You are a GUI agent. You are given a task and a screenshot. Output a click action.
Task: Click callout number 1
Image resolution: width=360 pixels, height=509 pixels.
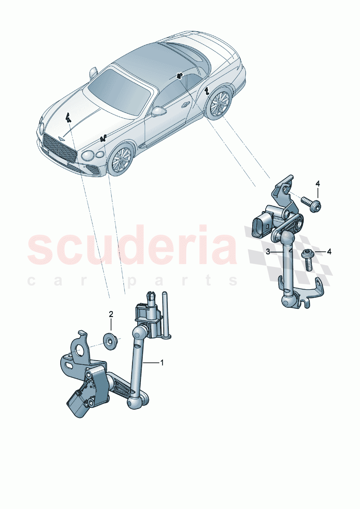[162, 362]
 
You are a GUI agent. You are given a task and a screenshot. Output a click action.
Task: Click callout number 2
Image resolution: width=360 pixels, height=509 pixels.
[111, 314]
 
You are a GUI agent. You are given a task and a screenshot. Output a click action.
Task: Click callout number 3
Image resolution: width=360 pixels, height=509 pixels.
[268, 252]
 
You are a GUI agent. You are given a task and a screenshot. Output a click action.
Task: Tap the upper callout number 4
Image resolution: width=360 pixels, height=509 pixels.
[318, 184]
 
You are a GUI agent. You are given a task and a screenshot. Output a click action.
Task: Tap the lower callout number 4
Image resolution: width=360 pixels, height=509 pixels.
[329, 251]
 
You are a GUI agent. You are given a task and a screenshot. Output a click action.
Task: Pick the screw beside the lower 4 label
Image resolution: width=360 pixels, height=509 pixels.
[307, 259]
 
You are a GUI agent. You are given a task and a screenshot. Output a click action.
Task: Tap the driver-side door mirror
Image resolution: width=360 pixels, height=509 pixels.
[159, 111]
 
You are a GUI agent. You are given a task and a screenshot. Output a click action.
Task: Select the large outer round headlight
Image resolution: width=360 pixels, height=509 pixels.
[88, 156]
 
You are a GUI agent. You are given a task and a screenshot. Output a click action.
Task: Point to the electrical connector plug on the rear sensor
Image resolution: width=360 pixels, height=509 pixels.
[261, 226]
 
